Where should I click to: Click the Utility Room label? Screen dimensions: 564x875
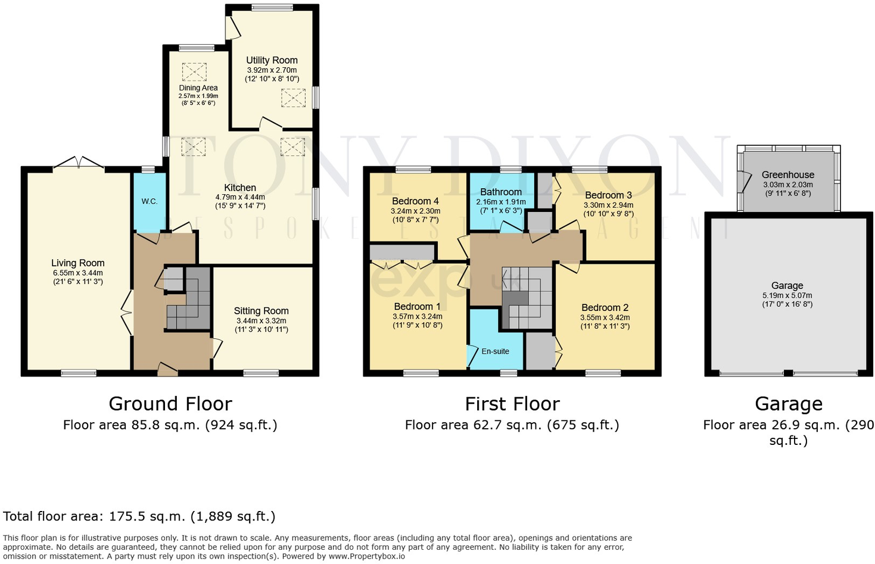coord(272,60)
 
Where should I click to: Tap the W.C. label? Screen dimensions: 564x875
coord(150,201)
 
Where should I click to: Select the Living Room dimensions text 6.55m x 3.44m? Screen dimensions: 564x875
coord(77,273)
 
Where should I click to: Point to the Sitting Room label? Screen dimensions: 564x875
coord(261,311)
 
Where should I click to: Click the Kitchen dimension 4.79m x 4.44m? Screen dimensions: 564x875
coord(240,197)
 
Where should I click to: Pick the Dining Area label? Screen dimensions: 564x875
coord(198,88)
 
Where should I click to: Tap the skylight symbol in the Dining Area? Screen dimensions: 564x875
coord(194,72)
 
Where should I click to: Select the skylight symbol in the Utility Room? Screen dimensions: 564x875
coord(293,98)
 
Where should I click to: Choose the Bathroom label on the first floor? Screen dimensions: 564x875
coord(501,192)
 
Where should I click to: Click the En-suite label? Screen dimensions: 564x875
coord(495,351)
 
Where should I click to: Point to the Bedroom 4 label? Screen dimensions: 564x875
coord(415,201)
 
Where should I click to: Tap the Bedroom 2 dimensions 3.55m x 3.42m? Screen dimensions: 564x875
coord(605,317)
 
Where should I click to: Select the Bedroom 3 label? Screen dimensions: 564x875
coord(608,195)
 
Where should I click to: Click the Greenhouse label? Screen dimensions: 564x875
coord(787,175)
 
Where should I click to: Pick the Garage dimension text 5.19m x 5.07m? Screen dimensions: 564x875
coord(787,295)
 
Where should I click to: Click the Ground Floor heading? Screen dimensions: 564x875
coord(170,404)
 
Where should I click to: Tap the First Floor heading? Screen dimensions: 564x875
coord(512,404)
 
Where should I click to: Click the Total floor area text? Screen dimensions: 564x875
coord(139,516)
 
